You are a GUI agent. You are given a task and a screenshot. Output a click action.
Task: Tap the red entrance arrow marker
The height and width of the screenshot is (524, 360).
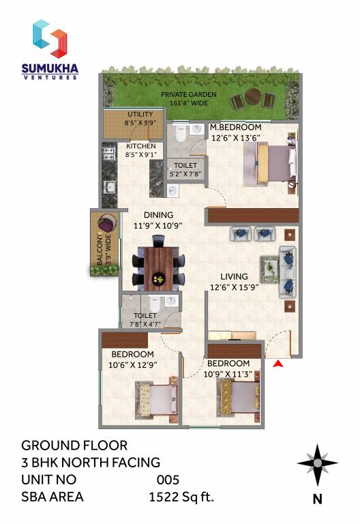tap(278, 364)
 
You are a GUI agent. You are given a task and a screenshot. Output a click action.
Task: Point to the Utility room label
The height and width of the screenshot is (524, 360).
tap(140, 118)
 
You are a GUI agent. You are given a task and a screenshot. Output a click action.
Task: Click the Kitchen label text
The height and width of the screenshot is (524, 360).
tap(140, 150)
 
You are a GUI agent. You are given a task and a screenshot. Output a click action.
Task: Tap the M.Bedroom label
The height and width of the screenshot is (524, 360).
tap(235, 132)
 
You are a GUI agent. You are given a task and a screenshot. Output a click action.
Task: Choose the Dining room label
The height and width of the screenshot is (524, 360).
tap(157, 220)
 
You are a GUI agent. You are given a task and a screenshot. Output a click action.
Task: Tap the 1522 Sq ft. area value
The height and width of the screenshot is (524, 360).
tap(181, 497)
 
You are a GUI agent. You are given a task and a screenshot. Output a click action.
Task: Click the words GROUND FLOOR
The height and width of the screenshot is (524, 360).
tap(74, 446)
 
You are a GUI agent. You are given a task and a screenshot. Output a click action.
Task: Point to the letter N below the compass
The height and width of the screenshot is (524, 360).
tap(317, 499)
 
